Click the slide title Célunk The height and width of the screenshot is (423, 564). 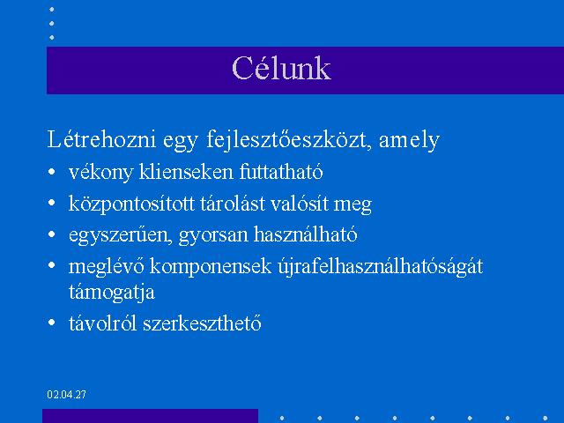click(x=281, y=68)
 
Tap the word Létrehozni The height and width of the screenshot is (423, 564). click(x=101, y=139)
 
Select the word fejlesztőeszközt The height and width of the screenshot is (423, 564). click(x=289, y=140)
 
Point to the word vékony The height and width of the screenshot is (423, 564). click(x=100, y=173)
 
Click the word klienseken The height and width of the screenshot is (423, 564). click(x=186, y=172)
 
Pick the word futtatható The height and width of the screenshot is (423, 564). click(x=281, y=172)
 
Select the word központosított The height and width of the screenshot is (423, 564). click(x=131, y=204)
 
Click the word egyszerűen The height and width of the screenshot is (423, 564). click(x=120, y=235)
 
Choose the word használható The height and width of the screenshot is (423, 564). click(x=306, y=234)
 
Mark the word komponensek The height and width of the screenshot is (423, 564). click(x=211, y=267)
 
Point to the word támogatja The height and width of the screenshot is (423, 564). click(x=112, y=292)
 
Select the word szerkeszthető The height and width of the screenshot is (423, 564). click(x=202, y=323)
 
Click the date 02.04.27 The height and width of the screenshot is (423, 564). click(x=67, y=395)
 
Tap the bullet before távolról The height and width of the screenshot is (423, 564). click(x=51, y=323)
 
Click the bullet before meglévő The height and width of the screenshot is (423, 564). click(x=51, y=265)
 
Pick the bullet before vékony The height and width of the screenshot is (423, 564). click(x=51, y=171)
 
